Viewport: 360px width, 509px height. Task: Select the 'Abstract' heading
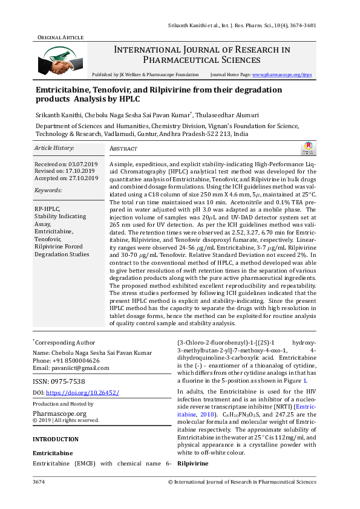(123, 149)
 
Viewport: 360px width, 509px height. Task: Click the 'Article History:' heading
(54, 148)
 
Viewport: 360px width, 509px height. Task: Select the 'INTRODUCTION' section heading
(56, 439)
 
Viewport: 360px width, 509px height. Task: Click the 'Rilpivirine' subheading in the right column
(193, 463)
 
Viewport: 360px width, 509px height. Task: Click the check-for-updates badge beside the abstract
(307, 148)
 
